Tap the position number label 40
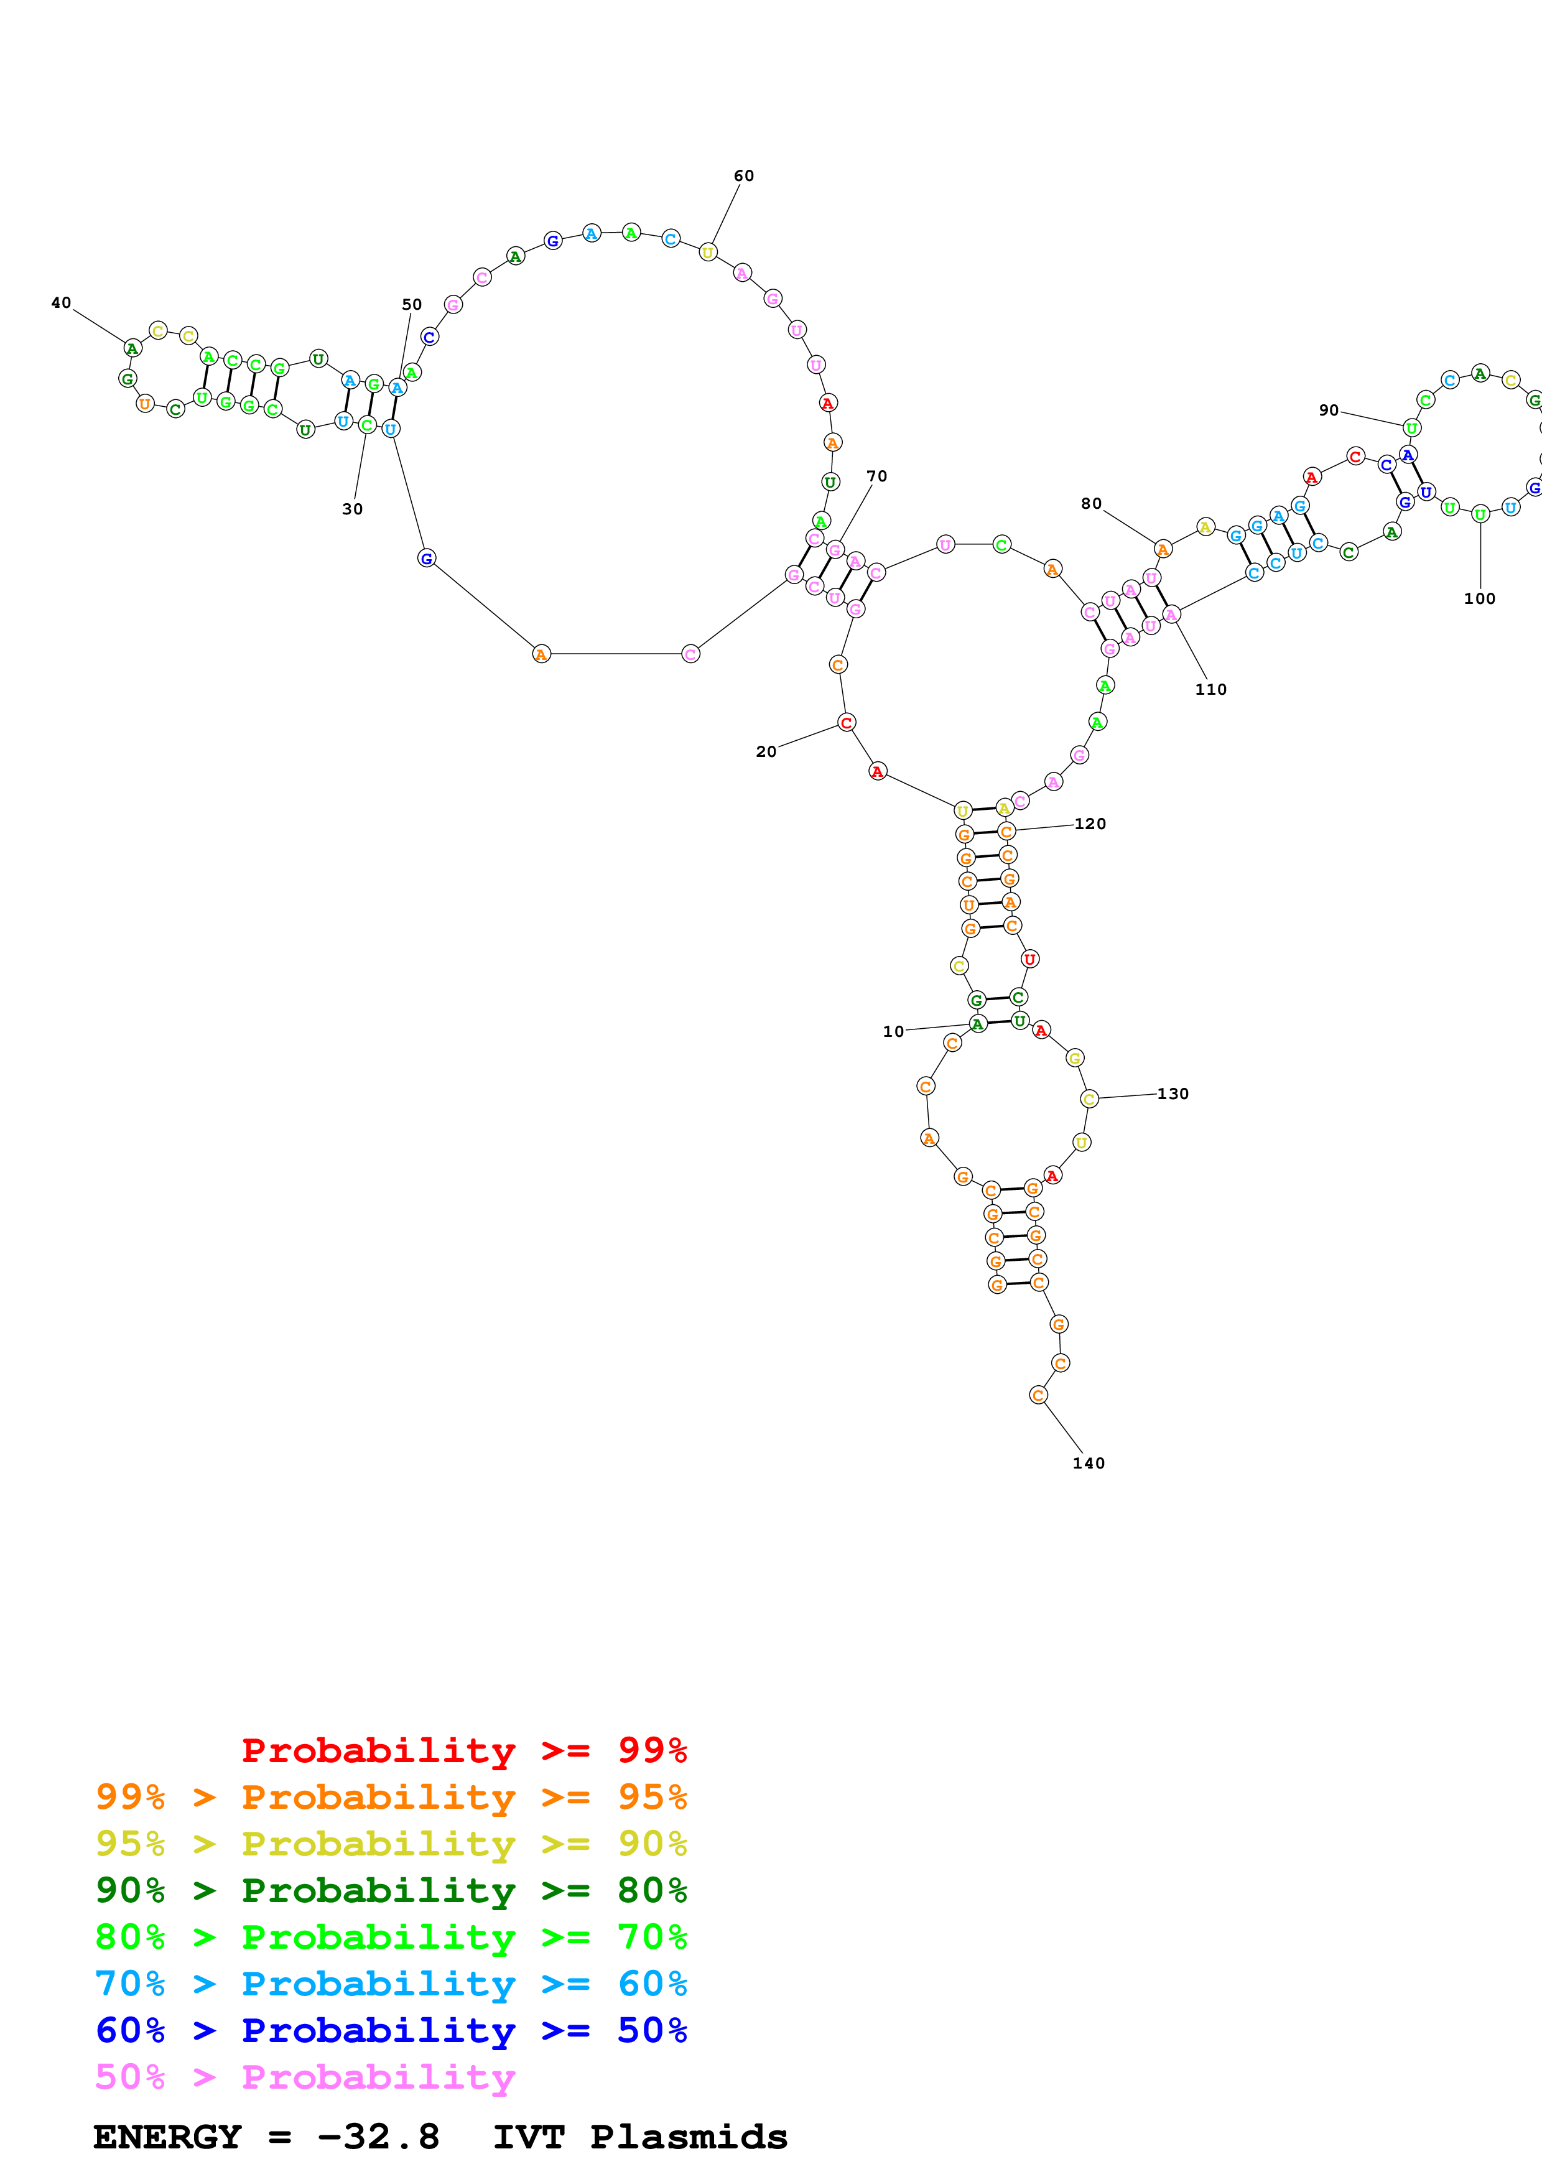coord(61,303)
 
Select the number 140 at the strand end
coord(1088,1464)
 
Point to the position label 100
coord(1479,599)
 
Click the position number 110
coord(1210,690)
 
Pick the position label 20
coord(766,752)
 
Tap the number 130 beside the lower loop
coord(1173,1094)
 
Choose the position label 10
coord(893,1032)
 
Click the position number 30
coord(353,509)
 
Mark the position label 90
coord(1328,411)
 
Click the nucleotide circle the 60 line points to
coord(708,252)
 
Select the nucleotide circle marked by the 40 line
coord(133,349)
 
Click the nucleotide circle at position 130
coord(1090,1098)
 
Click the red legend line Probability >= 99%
coord(463,1750)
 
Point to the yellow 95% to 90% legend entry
coord(391,1844)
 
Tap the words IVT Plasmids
coord(640,2137)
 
